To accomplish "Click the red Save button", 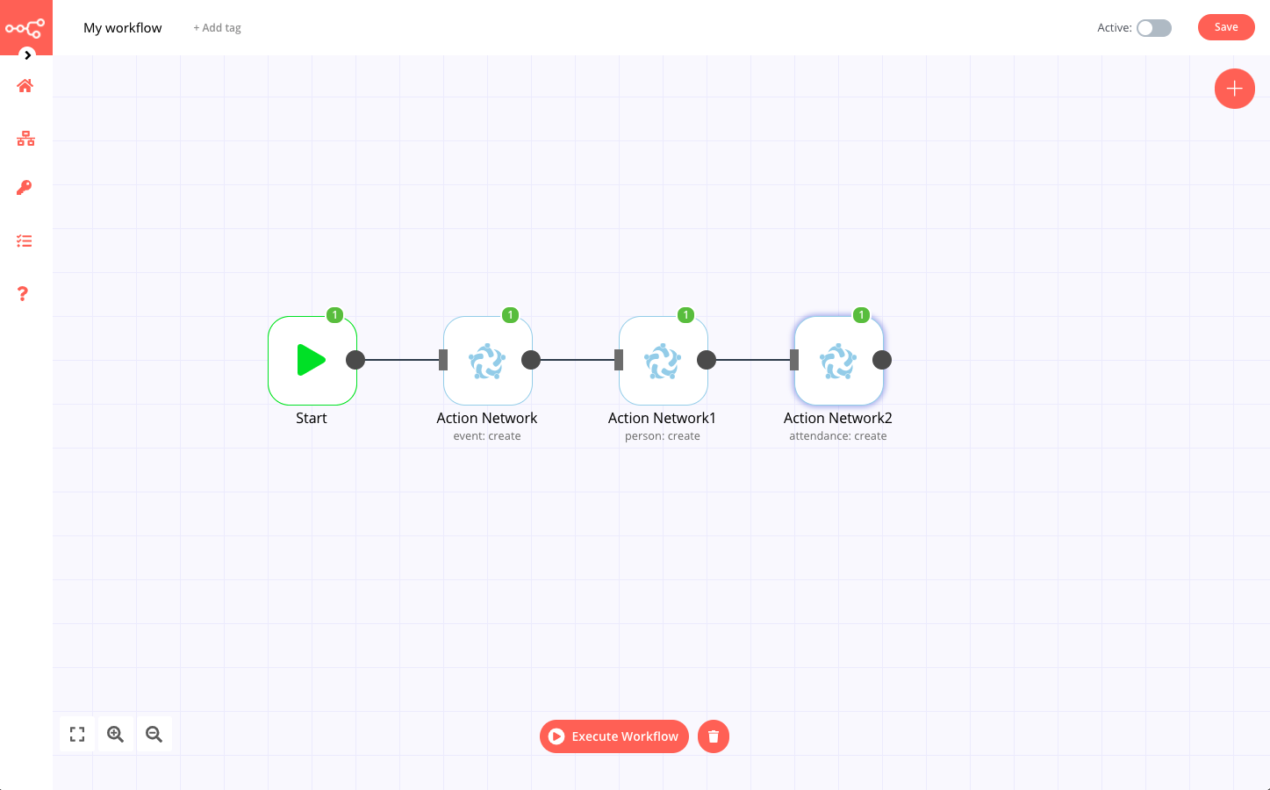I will click(x=1225, y=27).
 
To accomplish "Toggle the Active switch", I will click(x=1153, y=28).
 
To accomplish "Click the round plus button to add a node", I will click(x=1234, y=89).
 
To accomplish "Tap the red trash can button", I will click(x=713, y=736).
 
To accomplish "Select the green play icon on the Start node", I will click(x=311, y=360).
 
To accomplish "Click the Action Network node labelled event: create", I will click(x=487, y=361).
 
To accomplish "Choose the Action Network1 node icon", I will click(x=663, y=361).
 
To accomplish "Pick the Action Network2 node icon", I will click(x=838, y=361).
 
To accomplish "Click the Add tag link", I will click(x=217, y=28).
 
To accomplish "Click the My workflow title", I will click(x=123, y=28).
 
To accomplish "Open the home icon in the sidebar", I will click(x=25, y=86).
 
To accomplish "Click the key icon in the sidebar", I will click(x=25, y=188).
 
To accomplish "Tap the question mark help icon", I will click(x=23, y=294).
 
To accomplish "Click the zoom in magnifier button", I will click(x=115, y=735).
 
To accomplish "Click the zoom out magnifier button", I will click(x=154, y=735).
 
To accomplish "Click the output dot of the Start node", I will click(x=355, y=360).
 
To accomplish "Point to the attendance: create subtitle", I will click(x=837, y=436).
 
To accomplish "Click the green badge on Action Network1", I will click(x=685, y=315).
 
